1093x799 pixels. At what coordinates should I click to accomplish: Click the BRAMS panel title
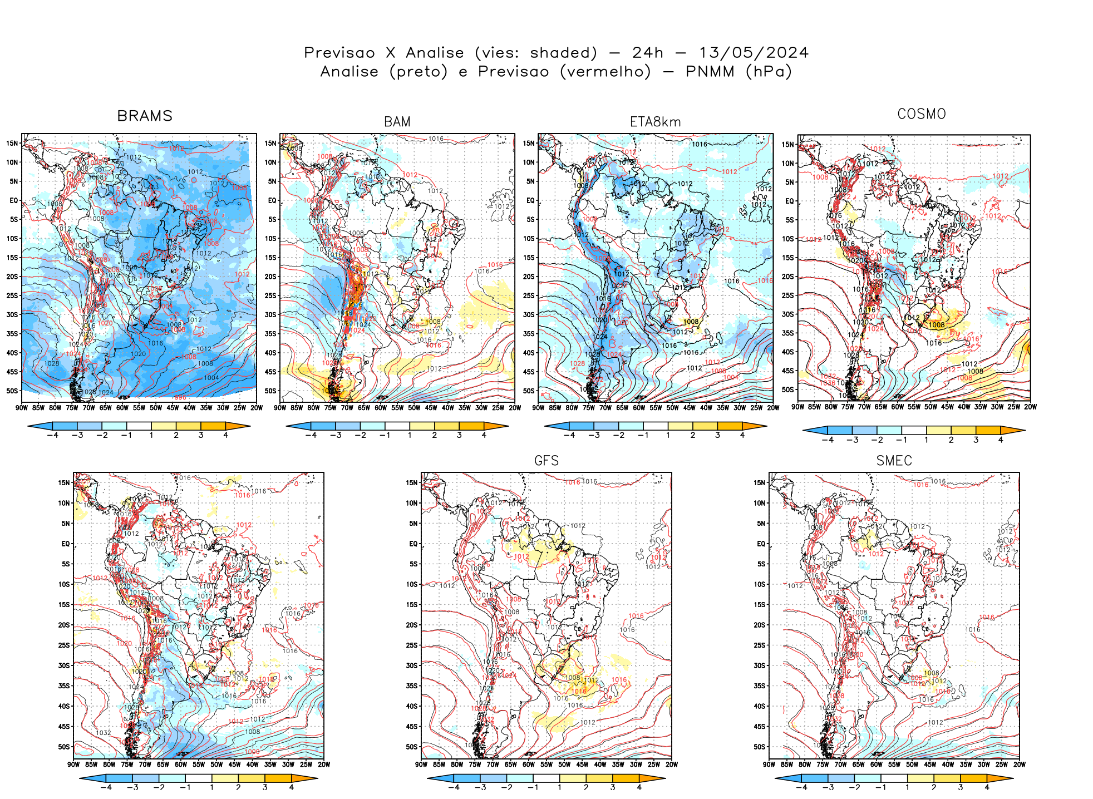pyautogui.click(x=145, y=116)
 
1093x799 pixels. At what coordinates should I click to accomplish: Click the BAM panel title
pyautogui.click(x=397, y=122)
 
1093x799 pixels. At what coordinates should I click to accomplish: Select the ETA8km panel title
pyautogui.click(x=655, y=122)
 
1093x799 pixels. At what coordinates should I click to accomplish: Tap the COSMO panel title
pyautogui.click(x=921, y=114)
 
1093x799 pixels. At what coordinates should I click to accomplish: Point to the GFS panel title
pyautogui.click(x=546, y=461)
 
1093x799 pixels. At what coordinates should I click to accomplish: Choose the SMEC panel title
pyautogui.click(x=894, y=461)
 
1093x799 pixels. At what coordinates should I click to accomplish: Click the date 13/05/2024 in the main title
pyautogui.click(x=754, y=53)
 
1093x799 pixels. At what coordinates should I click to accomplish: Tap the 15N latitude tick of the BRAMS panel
pyautogui.click(x=12, y=144)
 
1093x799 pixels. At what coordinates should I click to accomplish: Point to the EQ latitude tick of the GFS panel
pyautogui.click(x=413, y=544)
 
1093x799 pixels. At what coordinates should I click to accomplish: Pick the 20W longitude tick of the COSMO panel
pyautogui.click(x=1030, y=407)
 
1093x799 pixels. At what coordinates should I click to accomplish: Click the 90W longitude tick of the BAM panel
pyautogui.click(x=280, y=408)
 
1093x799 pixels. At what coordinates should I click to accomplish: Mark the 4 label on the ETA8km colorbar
pyautogui.click(x=742, y=435)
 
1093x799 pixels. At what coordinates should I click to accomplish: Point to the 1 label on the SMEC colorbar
pyautogui.click(x=907, y=787)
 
